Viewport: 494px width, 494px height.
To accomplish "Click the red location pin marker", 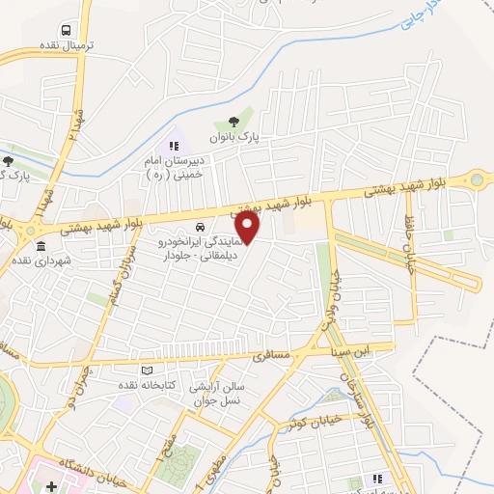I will coord(249,228).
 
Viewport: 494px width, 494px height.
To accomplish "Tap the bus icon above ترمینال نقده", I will coord(66,29).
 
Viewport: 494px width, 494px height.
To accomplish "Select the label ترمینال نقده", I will coord(66,45).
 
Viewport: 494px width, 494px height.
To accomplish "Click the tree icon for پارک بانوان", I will coord(233,122).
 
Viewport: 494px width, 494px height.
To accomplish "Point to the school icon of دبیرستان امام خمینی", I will coord(174,145).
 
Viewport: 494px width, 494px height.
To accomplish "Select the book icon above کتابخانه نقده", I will coord(147,370).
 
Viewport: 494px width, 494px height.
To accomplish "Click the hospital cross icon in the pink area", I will coord(50,483).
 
